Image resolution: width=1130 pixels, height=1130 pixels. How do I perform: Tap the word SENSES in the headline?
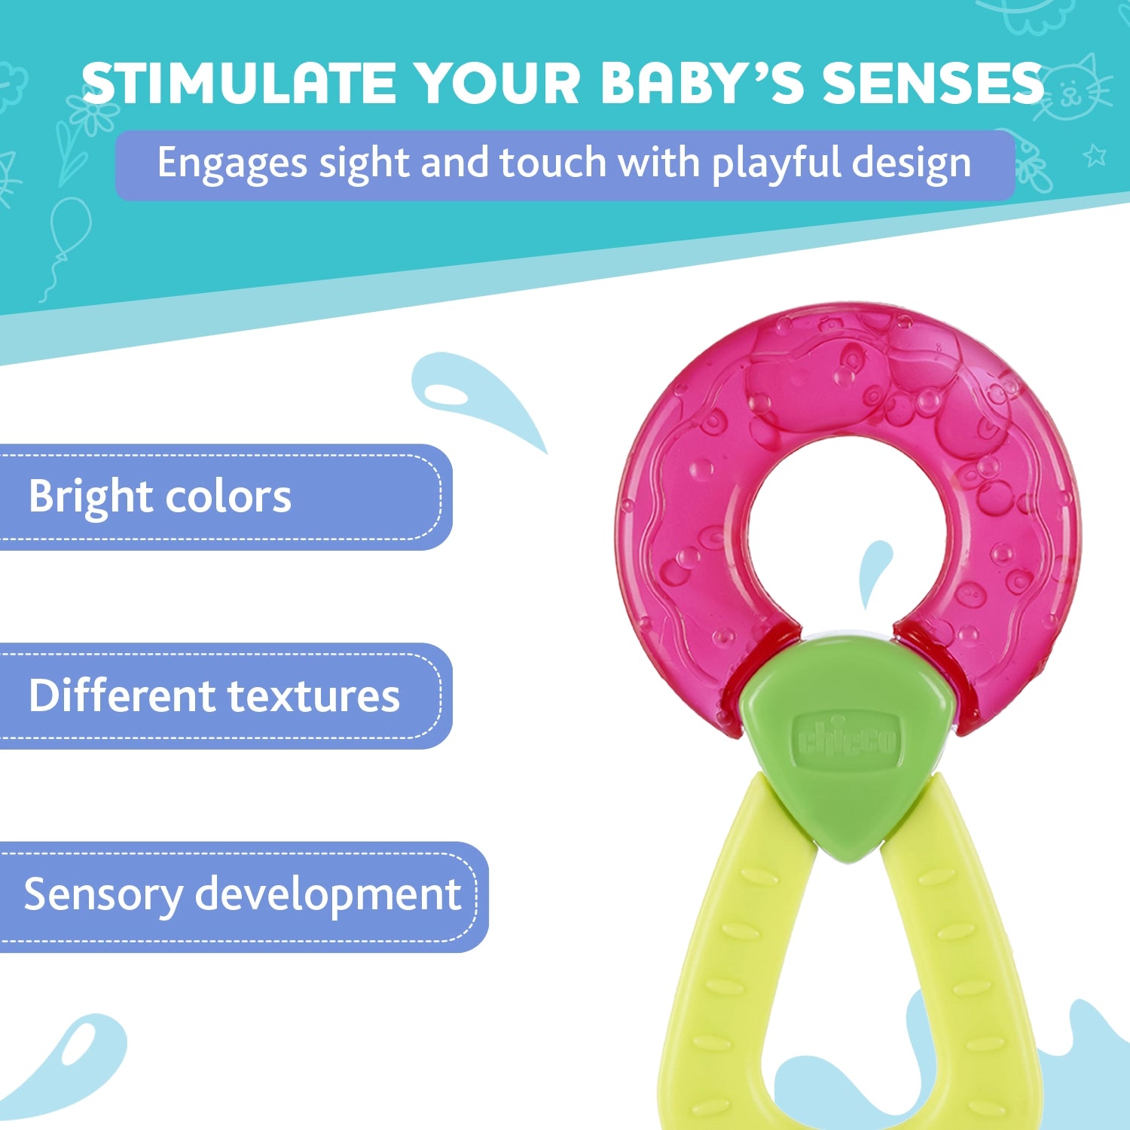click(932, 83)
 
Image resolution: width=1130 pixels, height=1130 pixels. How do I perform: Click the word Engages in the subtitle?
click(232, 163)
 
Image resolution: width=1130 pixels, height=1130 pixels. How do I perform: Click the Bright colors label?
click(160, 497)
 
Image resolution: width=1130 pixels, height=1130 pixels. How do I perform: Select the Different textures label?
click(214, 695)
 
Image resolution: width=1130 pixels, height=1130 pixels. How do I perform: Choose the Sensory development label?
click(241, 894)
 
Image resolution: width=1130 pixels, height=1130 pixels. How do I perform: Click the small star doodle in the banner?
click(1095, 155)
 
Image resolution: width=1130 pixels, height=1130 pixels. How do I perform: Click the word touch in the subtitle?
click(552, 163)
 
